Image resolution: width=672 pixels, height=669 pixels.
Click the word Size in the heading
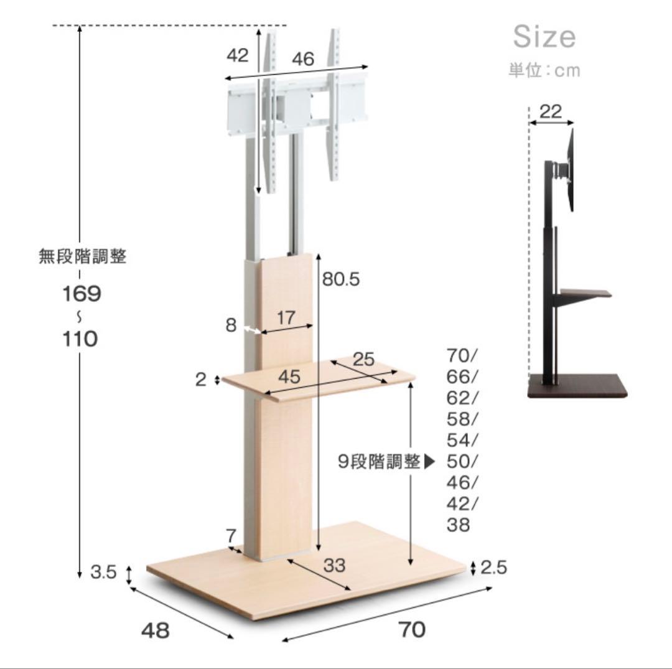click(x=544, y=37)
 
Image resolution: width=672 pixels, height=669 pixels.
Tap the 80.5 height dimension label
click(x=341, y=279)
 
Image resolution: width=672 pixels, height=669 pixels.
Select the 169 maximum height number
click(x=82, y=294)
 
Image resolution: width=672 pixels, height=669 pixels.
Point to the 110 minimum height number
click(x=80, y=339)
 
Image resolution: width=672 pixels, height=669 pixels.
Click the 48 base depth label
click(x=155, y=630)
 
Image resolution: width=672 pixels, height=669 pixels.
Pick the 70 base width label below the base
click(x=413, y=630)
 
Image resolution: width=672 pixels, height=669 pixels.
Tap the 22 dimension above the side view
click(x=550, y=111)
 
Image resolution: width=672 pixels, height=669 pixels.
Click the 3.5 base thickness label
click(x=103, y=572)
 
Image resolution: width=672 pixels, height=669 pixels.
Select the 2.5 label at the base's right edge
click(x=493, y=567)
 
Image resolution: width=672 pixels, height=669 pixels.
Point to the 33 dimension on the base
click(x=334, y=565)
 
